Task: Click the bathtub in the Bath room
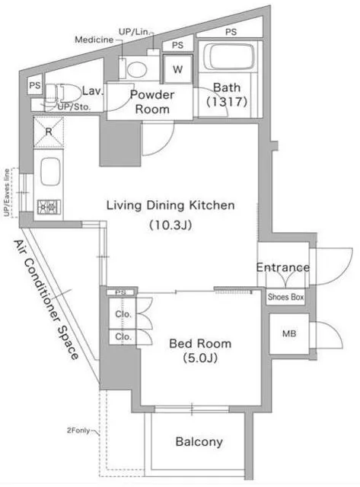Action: [x=229, y=56]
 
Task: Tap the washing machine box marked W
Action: [x=177, y=69]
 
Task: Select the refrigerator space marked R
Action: [x=49, y=132]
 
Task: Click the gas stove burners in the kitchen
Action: [x=49, y=207]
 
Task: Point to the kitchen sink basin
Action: [x=50, y=172]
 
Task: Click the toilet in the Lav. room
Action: [x=59, y=93]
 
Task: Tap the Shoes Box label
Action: [x=285, y=297]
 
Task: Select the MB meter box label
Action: [x=289, y=334]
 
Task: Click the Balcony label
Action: [x=199, y=441]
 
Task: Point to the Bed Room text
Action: [x=200, y=343]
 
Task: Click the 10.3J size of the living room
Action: [x=170, y=224]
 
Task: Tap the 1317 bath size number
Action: [x=227, y=101]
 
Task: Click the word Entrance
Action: [x=283, y=267]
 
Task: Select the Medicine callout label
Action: [x=94, y=40]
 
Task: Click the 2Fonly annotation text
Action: [x=78, y=431]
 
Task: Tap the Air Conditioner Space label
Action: [x=46, y=300]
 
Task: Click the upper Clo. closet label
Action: [x=123, y=314]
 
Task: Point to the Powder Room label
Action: [x=152, y=102]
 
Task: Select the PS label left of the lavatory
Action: [x=35, y=85]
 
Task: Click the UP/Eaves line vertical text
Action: [x=7, y=193]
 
